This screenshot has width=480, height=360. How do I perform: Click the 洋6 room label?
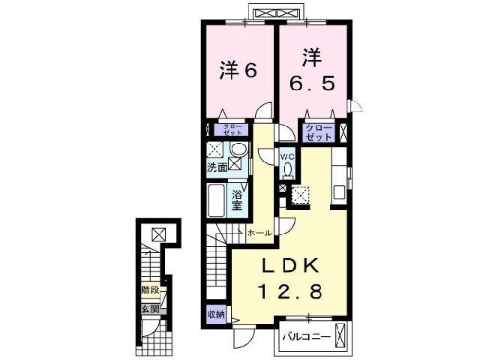coord(238,70)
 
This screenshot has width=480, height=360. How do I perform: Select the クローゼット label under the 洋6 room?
coord(229,129)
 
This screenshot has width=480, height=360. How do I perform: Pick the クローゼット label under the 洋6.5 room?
coord(318,133)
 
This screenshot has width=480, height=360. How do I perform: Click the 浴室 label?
coord(236,198)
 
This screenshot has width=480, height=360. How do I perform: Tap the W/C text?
coord(288,156)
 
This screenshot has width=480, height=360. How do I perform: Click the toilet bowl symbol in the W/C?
coord(288,170)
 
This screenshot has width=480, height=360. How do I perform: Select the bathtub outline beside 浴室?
coord(216,198)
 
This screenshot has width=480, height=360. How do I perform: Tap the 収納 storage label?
coord(216,315)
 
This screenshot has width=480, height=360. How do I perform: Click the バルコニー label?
coord(306,337)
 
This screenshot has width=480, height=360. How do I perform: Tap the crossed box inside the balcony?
coord(342,335)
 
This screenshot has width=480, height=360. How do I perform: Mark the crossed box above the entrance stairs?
coord(159,233)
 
